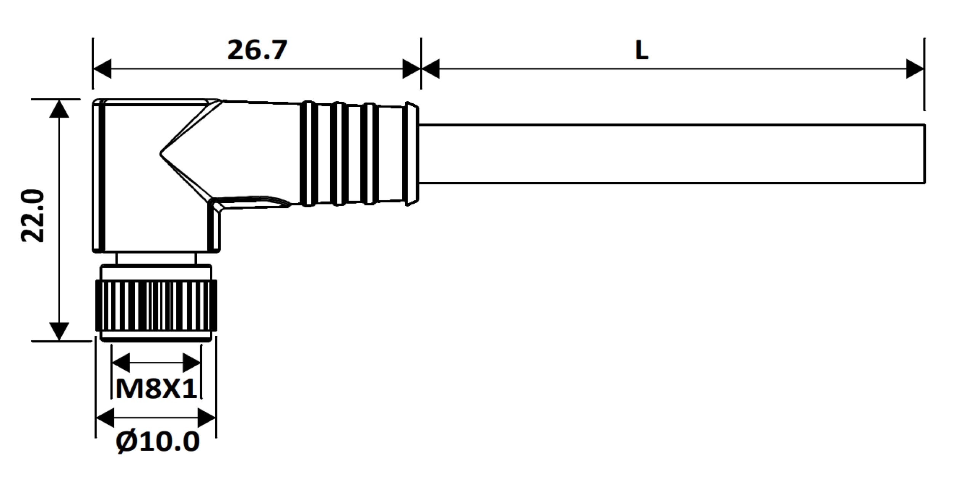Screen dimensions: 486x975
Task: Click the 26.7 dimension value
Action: coord(257,50)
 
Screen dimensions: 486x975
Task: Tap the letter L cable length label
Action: coord(642,50)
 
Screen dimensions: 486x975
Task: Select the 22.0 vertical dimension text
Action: coord(33,215)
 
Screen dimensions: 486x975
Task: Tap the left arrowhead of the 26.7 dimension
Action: coord(102,69)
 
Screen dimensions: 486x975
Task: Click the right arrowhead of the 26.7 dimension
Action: coord(411,69)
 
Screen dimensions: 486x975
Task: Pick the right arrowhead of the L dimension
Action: coord(915,69)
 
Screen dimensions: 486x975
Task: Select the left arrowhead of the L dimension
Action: coord(430,69)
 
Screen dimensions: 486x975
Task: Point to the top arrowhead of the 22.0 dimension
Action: coord(59,108)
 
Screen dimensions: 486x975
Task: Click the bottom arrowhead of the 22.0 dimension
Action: coord(59,331)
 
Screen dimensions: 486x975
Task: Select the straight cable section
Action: coord(670,154)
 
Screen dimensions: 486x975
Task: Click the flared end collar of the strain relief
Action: coord(412,154)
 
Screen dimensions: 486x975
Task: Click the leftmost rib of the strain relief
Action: coord(308,154)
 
